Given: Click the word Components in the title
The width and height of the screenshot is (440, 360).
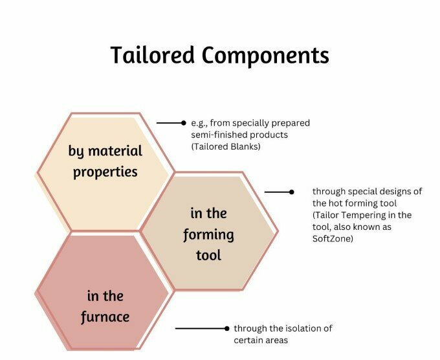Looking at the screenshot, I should click(x=265, y=56).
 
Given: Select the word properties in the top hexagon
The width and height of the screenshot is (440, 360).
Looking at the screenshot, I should click(x=105, y=173).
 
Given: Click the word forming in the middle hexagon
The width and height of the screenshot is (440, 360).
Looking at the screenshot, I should click(x=208, y=234).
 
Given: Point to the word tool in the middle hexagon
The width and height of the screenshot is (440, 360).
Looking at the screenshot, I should click(x=208, y=254).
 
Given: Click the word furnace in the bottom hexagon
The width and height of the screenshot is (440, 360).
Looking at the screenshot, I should click(x=105, y=317).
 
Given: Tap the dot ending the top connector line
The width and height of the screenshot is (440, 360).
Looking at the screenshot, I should click(x=184, y=122).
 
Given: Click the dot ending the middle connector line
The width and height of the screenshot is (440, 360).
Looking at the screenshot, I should click(x=292, y=192).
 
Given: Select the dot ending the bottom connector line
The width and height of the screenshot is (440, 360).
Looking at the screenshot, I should click(x=226, y=328).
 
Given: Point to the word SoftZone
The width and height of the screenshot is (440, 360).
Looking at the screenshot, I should click(x=333, y=238).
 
